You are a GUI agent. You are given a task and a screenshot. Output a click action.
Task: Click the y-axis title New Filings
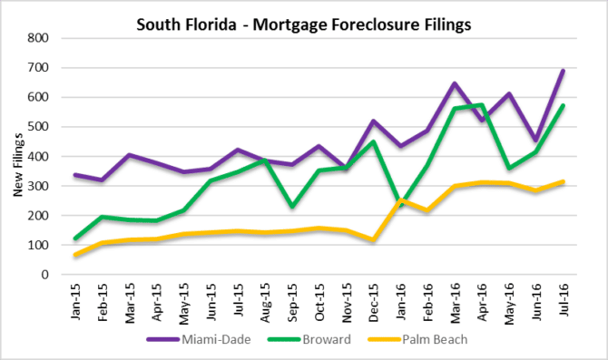[x=21, y=156]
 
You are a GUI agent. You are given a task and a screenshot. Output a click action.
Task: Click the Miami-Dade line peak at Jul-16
[x=564, y=71]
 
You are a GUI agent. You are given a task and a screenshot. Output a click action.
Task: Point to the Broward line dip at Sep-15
[x=291, y=207]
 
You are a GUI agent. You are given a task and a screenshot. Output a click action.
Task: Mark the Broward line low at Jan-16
[x=400, y=205]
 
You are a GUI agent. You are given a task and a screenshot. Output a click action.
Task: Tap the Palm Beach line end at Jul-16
[x=564, y=181]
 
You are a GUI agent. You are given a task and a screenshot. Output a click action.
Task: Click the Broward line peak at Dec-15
[x=373, y=141]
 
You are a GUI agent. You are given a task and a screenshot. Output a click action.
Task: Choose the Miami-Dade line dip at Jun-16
[x=536, y=141]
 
